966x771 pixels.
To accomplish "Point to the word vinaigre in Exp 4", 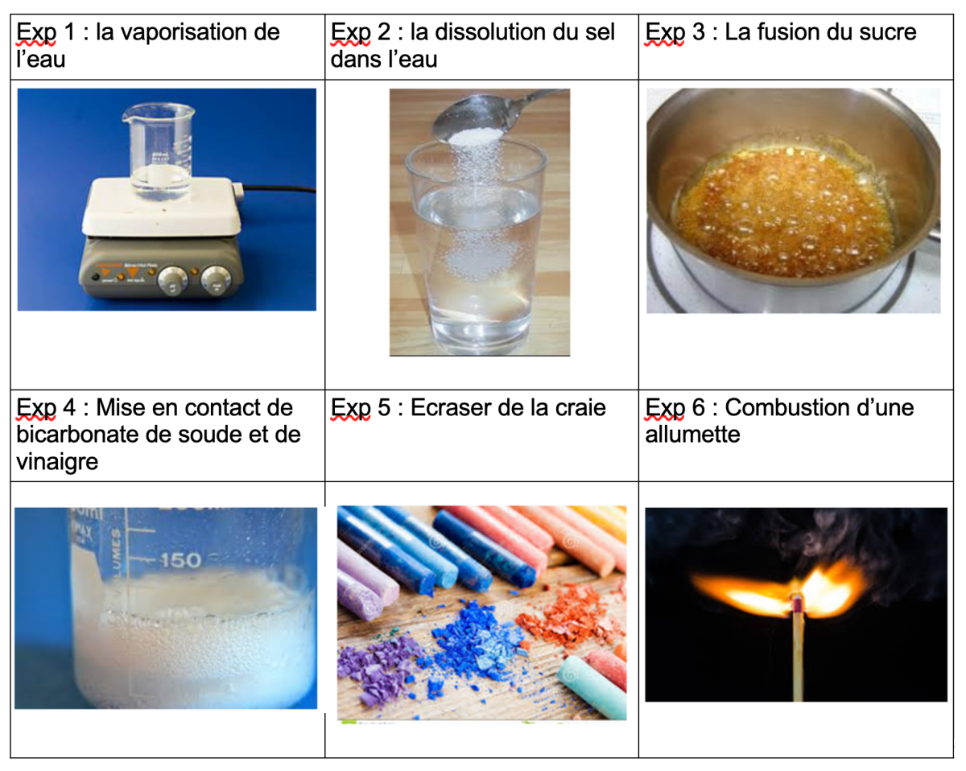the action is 57,462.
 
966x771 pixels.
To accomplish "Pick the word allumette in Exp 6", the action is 692,435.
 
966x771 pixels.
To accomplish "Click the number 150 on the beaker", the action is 180,560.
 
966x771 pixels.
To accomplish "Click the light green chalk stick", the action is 592,688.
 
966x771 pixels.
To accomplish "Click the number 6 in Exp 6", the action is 699,408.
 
